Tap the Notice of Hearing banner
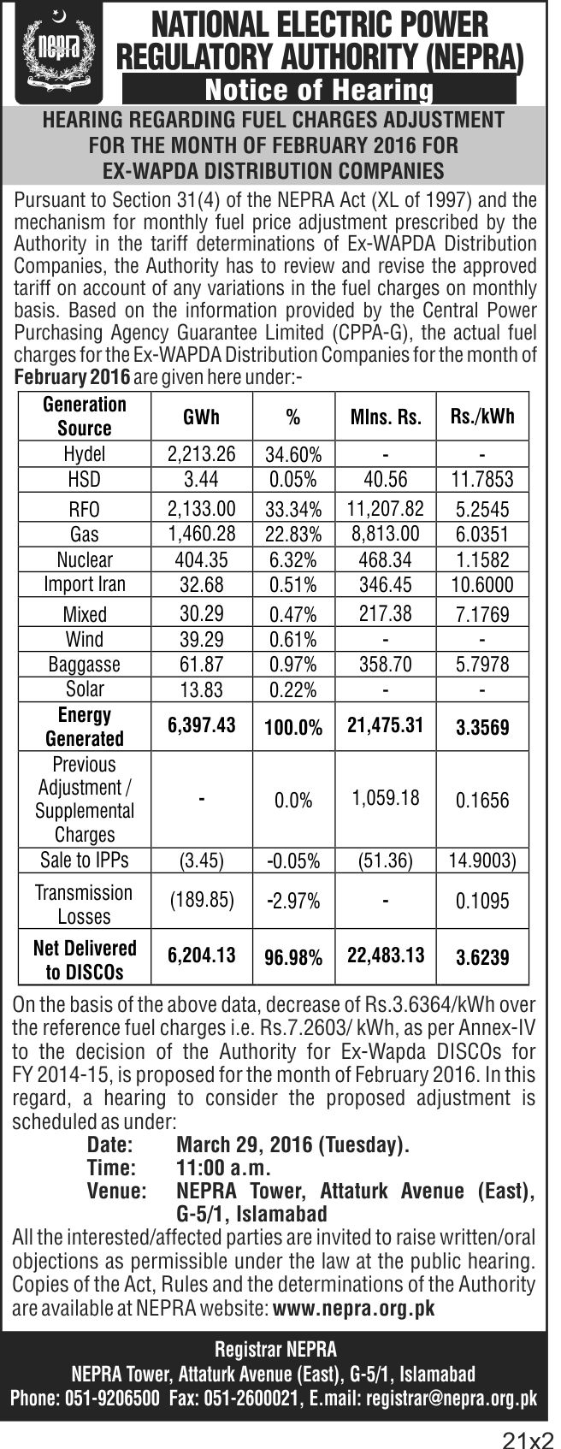320,90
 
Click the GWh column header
201,417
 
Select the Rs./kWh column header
482,416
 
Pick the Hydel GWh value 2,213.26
201,453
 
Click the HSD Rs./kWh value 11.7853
482,479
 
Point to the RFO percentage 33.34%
293,509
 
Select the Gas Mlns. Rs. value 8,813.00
386,534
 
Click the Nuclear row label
85,559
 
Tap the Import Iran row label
85,584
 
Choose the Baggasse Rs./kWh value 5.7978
482,665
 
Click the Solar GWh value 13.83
201,689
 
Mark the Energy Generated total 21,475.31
386,725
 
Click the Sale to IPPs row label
85,860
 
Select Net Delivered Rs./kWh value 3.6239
482,957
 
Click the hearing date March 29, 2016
247,1145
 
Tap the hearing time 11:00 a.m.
223,1168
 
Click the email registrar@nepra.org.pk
452,1398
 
